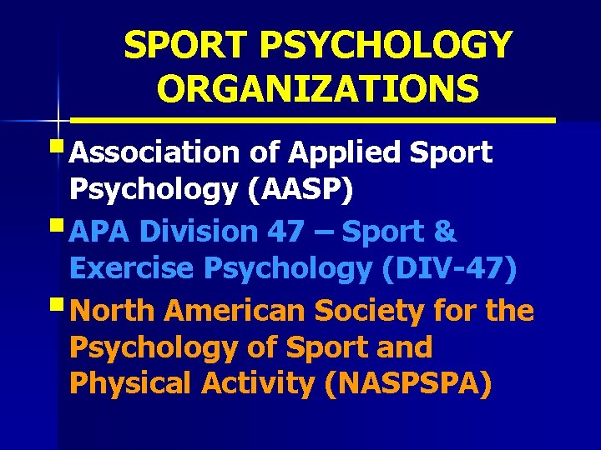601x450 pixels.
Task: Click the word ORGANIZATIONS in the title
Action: [317, 89]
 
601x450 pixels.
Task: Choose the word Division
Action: [196, 231]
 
